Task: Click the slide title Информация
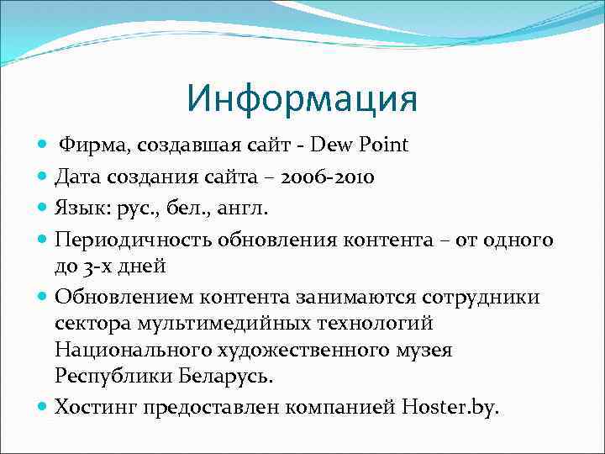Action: [x=302, y=98]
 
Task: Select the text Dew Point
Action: [x=360, y=145]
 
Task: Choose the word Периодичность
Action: [x=134, y=240]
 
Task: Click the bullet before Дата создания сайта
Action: [x=43, y=177]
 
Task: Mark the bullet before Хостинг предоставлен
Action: [x=43, y=408]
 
